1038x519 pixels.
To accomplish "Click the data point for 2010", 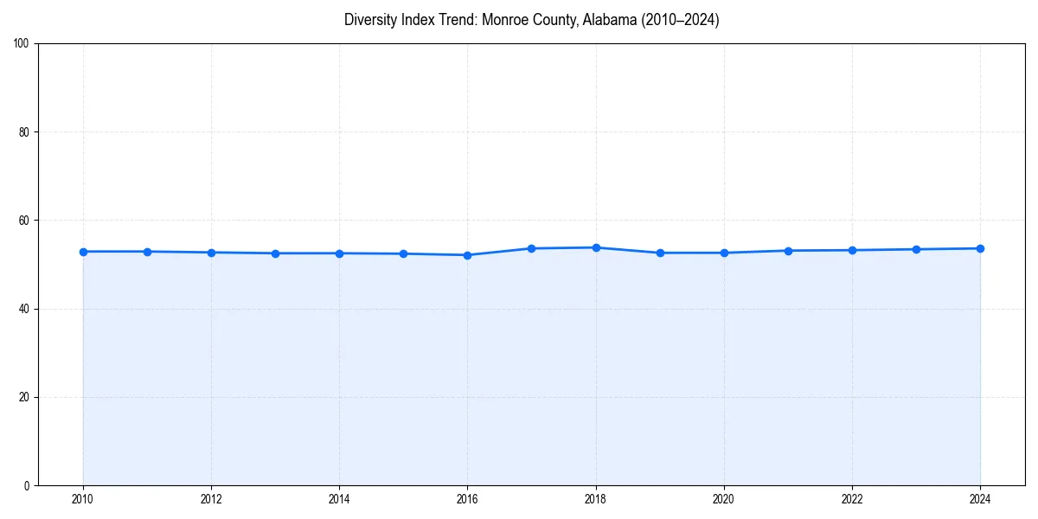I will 83,252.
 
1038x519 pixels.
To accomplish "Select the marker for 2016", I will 467,255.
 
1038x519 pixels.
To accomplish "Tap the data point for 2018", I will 596,247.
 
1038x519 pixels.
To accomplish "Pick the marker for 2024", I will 980,248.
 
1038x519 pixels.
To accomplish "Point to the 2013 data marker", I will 275,253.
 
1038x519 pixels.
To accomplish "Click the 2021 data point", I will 788,251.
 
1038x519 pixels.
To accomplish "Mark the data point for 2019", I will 660,253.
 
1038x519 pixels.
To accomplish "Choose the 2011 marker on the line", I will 147,252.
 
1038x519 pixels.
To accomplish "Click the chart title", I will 531,20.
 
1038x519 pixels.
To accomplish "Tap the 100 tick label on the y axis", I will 22,44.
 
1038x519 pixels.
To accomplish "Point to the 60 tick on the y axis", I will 24,221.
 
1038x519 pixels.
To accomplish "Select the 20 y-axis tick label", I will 24,397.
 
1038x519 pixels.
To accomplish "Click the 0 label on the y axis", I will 27,485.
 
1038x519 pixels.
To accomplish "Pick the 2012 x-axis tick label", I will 211,499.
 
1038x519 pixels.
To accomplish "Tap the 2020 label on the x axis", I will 724,499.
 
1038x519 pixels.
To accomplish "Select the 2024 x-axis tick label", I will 980,499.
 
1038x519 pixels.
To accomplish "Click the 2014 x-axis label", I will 339,499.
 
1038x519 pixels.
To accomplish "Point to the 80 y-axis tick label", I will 24,132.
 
